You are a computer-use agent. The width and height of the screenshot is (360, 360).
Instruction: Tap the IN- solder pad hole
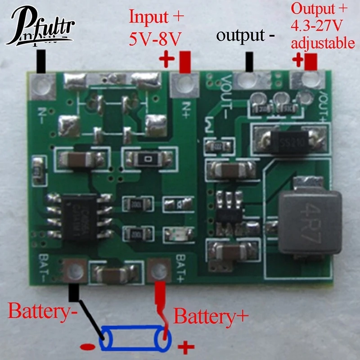point(42,84)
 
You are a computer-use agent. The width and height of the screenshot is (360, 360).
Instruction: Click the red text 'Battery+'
point(211,316)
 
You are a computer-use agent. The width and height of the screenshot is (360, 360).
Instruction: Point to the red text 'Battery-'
point(43,311)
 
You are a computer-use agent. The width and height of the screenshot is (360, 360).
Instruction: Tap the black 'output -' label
point(246,36)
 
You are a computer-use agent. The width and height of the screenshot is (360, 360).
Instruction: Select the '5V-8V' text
point(155,40)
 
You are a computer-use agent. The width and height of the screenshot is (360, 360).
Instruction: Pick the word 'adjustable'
point(323,43)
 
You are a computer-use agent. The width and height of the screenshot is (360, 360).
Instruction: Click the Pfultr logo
point(43,27)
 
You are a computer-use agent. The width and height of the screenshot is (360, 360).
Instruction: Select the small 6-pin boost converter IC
point(229,210)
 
